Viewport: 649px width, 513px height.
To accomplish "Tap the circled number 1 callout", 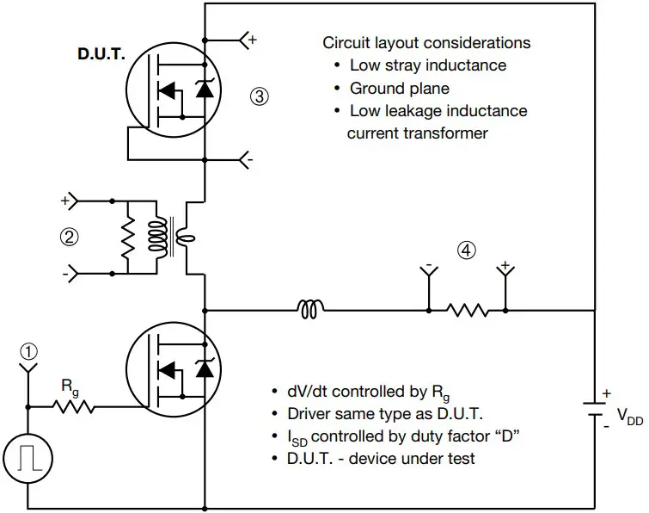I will point(30,351).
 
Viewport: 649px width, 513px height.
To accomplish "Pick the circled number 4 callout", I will point(465,250).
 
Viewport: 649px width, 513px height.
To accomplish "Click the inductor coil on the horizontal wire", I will point(311,308).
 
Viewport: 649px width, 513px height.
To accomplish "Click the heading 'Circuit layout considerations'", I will point(426,42).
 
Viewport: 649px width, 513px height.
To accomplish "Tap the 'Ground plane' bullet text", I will point(399,88).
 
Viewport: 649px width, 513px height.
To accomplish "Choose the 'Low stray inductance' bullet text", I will point(427,65).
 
